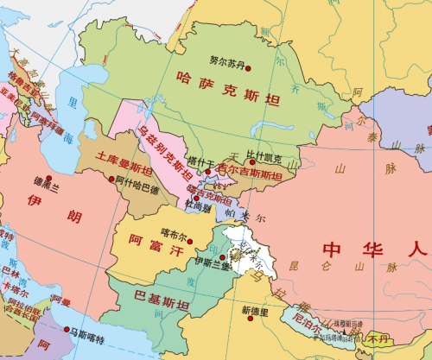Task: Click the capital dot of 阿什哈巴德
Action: click(111, 180)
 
